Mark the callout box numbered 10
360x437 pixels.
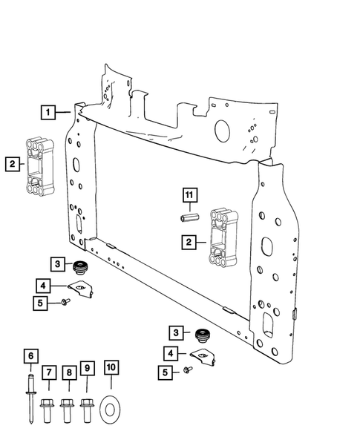click(111, 368)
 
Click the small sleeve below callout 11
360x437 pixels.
click(189, 218)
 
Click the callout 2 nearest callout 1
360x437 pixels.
click(12, 165)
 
